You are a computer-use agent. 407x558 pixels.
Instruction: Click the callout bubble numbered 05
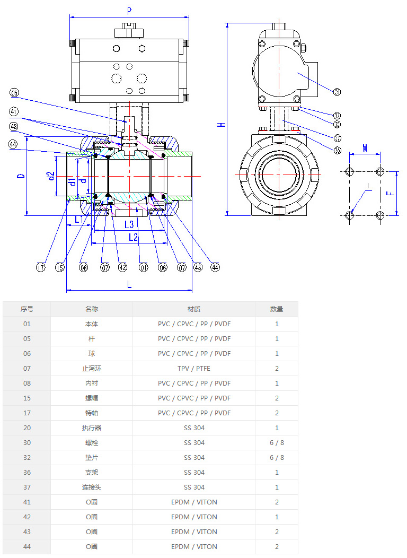click(14, 93)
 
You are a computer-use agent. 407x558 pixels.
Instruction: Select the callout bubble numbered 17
click(41, 268)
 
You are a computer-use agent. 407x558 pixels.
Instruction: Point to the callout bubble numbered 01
click(143, 268)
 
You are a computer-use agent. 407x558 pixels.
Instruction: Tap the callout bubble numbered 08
click(84, 268)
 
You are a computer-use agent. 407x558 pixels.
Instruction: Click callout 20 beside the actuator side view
click(338, 92)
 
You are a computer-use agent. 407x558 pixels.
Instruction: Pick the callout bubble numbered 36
click(338, 150)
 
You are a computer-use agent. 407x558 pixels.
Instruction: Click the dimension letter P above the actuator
click(129, 11)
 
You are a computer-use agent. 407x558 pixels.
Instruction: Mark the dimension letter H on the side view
click(223, 124)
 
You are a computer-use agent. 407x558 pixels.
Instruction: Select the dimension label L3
click(129, 224)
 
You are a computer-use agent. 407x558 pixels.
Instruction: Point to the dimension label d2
click(51, 176)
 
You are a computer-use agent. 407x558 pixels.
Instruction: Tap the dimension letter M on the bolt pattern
click(365, 148)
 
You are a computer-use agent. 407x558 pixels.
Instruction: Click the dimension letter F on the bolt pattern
click(390, 193)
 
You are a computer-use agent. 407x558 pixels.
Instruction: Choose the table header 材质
click(194, 309)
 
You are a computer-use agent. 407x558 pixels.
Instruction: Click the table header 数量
click(277, 309)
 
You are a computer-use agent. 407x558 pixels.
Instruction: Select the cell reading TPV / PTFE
click(194, 368)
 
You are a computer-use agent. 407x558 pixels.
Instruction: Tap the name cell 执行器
click(92, 428)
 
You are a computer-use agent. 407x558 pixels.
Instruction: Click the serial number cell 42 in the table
click(27, 517)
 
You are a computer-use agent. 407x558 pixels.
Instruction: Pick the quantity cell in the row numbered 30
click(277, 442)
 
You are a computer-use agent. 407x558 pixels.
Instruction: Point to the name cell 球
click(92, 353)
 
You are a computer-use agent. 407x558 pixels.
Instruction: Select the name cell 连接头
click(92, 487)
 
